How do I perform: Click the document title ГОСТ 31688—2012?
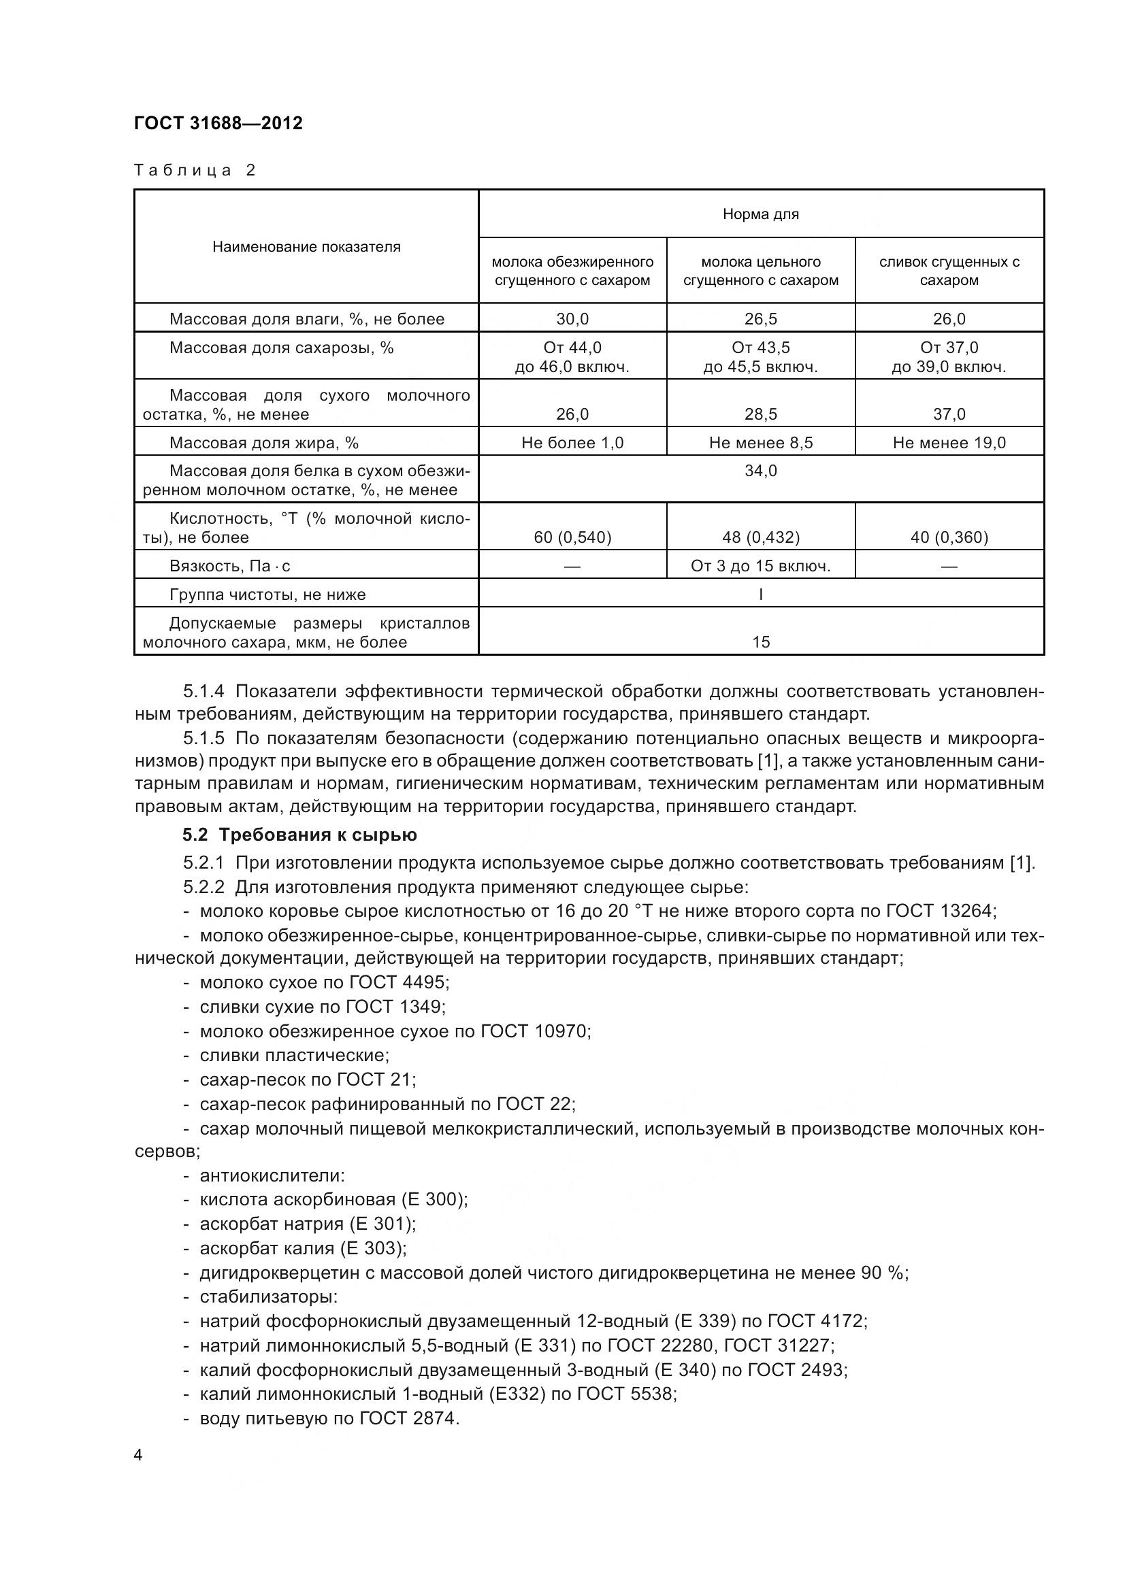coord(218,123)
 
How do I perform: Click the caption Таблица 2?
coord(195,171)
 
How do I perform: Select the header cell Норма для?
coord(760,215)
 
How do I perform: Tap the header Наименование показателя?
coord(306,248)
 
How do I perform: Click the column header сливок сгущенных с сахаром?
coord(949,271)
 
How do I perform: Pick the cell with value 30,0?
coord(572,320)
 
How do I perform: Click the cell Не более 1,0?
coord(572,443)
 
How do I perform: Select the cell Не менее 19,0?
coord(949,443)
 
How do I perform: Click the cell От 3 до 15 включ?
coord(760,566)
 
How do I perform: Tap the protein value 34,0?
coord(760,471)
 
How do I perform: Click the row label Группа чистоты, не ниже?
coord(267,594)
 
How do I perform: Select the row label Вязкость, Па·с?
coord(229,566)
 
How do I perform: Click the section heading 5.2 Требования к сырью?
coord(299,835)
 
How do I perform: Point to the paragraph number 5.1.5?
coord(203,738)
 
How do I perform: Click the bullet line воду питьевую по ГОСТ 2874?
coord(329,1418)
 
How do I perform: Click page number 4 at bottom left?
coord(138,1455)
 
